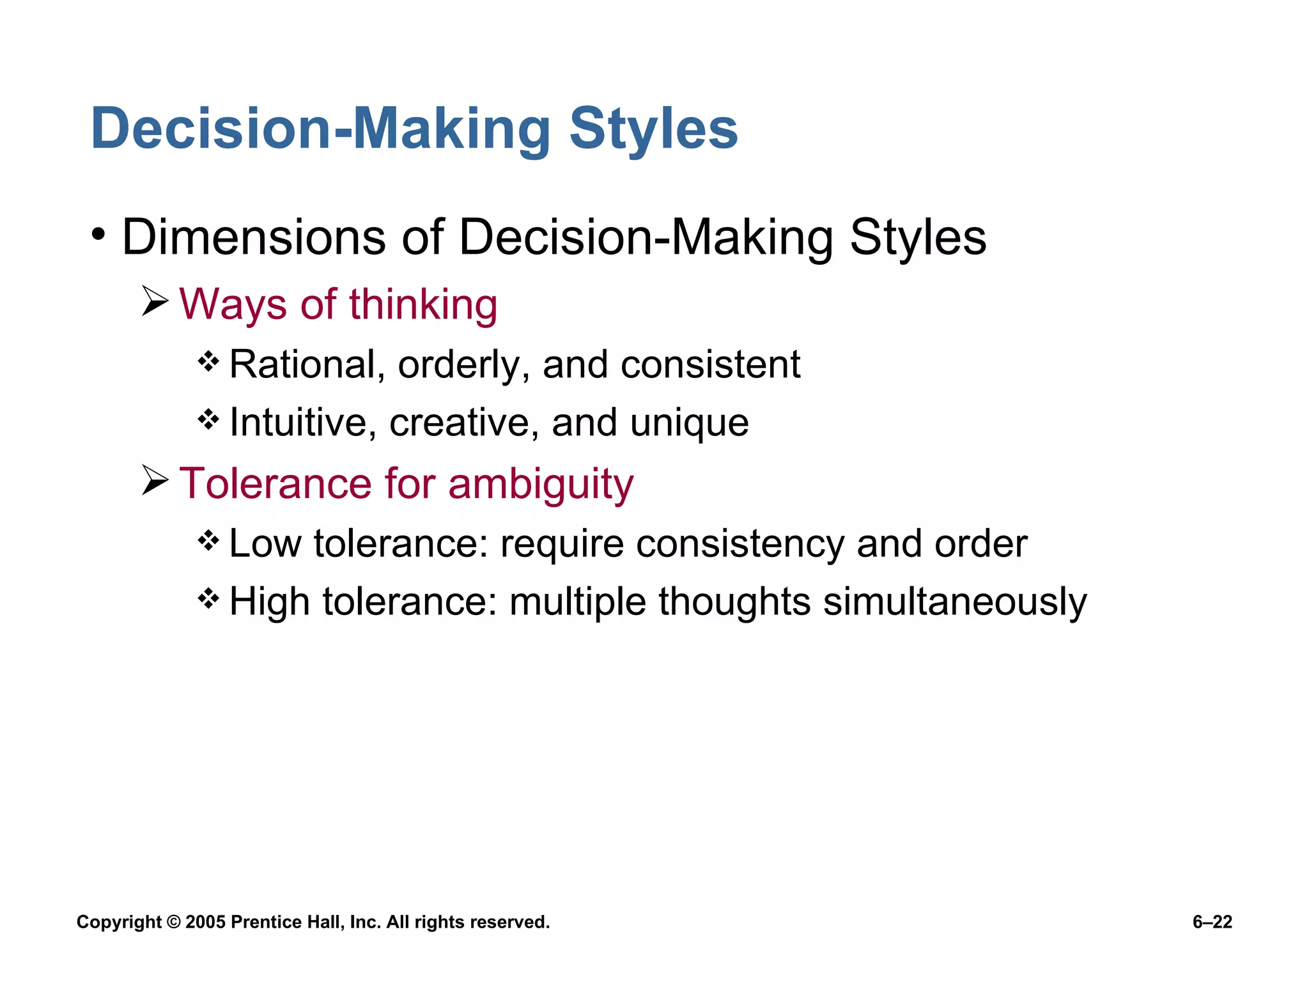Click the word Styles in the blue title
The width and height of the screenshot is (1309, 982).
(653, 129)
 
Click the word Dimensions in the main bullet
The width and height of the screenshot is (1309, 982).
(253, 237)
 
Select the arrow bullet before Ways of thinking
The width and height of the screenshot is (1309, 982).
(155, 301)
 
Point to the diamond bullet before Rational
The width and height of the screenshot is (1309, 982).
(208, 362)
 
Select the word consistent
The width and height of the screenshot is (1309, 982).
(710, 365)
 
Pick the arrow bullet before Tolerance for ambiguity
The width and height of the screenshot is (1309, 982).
(155, 480)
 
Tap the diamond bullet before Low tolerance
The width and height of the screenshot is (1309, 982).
(208, 542)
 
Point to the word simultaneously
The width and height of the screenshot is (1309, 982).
(954, 603)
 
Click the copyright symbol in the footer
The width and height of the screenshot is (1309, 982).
(173, 922)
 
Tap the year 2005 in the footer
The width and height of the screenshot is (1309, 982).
(205, 922)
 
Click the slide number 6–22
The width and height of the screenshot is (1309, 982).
(1212, 922)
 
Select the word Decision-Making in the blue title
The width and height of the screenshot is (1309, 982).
(320, 129)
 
